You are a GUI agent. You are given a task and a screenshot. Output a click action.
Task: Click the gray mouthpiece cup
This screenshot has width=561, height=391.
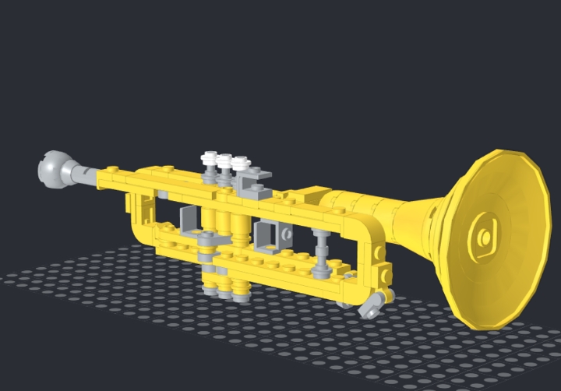point(53,169)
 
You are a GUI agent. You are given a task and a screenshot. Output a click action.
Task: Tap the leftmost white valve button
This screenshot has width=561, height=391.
point(210,159)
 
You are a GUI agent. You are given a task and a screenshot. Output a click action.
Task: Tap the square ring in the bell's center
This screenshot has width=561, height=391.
point(484,234)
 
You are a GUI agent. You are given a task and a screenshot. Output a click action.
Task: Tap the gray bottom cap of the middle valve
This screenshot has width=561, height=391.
point(225,290)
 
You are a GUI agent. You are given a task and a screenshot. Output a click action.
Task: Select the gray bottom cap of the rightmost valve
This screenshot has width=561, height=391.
point(241,292)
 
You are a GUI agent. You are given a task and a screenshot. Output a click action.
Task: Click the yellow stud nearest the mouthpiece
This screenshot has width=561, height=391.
point(111,170)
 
